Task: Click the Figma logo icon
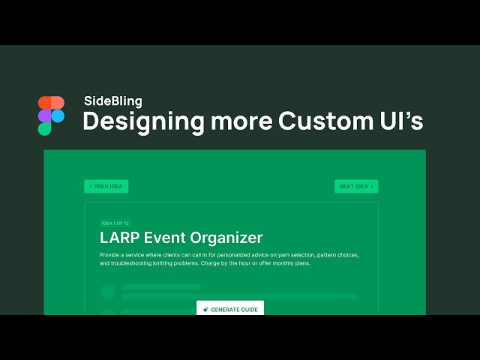click(51, 115)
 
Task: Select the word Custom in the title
click(322, 121)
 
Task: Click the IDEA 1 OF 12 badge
click(116, 223)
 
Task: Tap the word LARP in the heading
click(121, 238)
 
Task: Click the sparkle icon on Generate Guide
click(205, 310)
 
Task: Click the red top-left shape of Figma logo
click(44, 103)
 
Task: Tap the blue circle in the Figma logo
click(58, 115)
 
